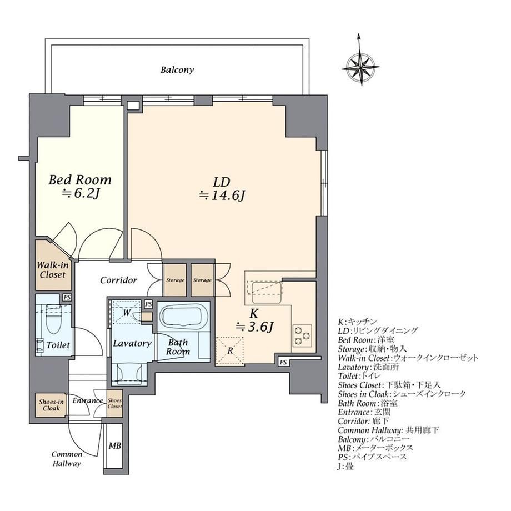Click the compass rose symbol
click(x=362, y=67)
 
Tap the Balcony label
click(x=177, y=70)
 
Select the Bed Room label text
click(x=80, y=180)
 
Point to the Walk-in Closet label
click(x=52, y=270)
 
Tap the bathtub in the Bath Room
click(x=183, y=315)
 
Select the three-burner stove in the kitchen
click(x=302, y=335)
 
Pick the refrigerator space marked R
click(x=230, y=350)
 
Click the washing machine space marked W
click(x=127, y=313)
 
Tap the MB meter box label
click(x=115, y=445)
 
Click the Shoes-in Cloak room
click(x=51, y=405)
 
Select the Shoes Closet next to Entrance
click(x=115, y=403)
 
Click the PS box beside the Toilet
click(x=67, y=298)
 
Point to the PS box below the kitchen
click(x=283, y=362)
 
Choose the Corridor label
click(x=118, y=280)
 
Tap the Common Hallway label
click(x=67, y=459)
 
